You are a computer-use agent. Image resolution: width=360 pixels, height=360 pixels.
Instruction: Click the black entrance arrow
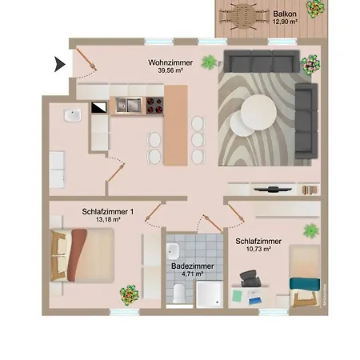pos(59,64)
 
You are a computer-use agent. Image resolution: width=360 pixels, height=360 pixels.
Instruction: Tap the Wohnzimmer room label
pos(170,62)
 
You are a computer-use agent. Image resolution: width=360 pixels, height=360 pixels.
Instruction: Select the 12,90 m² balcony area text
pos(285,22)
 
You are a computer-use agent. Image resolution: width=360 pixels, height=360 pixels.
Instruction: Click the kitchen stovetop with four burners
pos(154,106)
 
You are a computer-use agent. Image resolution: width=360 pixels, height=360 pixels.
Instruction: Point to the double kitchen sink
pos(129,105)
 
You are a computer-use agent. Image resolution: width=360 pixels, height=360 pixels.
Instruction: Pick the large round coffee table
pos(258,112)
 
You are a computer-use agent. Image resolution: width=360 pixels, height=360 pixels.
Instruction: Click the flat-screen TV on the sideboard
pos(273,190)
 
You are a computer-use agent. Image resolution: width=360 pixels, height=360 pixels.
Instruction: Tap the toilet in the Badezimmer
pos(179,293)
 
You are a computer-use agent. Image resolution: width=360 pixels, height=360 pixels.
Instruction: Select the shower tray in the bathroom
pos(210,294)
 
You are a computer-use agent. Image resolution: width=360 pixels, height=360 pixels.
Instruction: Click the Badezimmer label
pos(193,266)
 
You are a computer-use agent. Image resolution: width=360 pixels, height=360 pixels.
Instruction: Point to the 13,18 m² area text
pos(108,219)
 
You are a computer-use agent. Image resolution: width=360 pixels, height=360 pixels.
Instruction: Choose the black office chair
pos(250,278)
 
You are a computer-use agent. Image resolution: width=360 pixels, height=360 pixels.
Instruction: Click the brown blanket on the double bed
pos(77,255)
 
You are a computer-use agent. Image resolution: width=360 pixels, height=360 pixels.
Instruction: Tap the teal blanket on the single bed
pos(305,284)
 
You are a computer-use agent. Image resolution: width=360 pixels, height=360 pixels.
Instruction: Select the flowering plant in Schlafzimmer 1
pos(129,295)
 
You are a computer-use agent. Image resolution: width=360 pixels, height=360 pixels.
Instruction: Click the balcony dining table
pos(243,16)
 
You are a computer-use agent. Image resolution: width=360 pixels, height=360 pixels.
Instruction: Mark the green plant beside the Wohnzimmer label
pos(209,62)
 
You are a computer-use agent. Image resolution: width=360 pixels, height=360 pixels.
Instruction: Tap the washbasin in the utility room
pos(73,115)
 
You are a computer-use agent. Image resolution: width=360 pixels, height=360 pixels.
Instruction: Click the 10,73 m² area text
pos(258,249)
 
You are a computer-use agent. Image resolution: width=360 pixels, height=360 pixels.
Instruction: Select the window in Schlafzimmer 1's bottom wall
pos(125,312)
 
